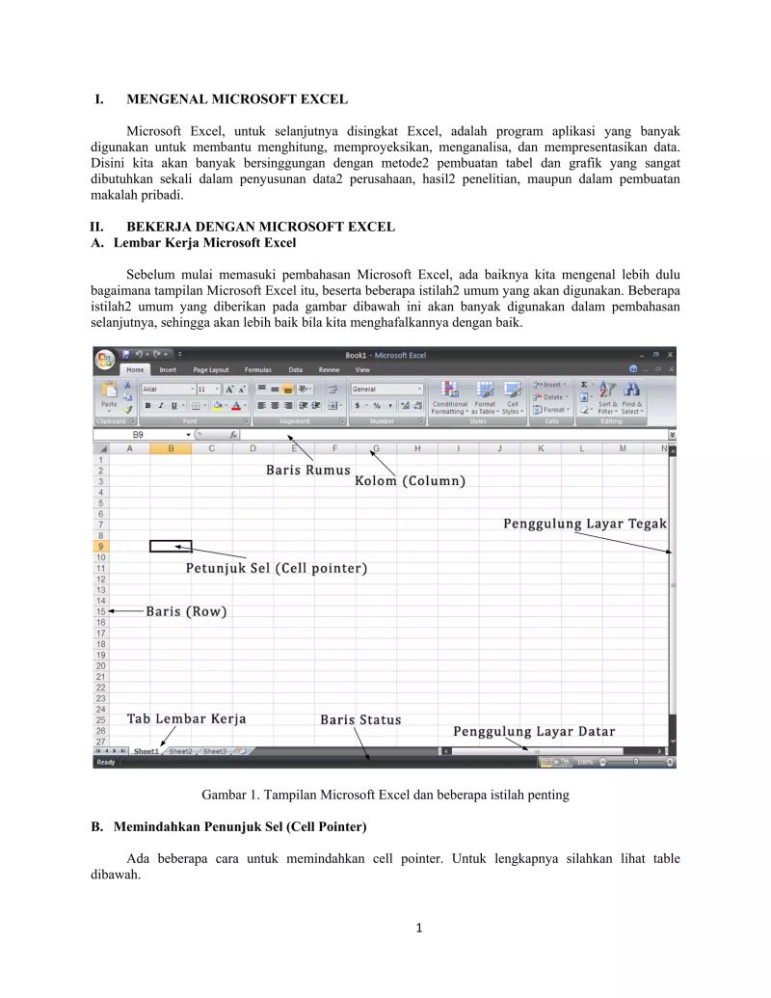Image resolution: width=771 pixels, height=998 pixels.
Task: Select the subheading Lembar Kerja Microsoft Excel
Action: [x=204, y=242]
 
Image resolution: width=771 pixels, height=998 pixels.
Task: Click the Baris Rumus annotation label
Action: [x=308, y=470]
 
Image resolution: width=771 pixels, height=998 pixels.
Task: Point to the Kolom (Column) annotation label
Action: [x=411, y=480]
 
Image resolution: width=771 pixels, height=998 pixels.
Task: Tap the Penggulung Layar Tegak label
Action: [x=585, y=524]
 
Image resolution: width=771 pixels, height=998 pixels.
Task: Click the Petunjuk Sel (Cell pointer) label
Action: [x=277, y=568]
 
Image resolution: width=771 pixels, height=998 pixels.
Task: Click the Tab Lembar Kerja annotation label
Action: [x=186, y=718]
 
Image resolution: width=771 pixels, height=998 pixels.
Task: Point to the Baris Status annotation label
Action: [x=360, y=719]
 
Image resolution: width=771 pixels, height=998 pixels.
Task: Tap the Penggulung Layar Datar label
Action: [x=534, y=731]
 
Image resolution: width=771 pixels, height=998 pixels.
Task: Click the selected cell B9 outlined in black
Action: [x=171, y=546]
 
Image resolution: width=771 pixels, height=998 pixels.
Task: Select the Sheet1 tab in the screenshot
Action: [x=146, y=750]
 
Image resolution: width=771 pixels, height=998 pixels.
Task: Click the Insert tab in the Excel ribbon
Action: [x=168, y=369]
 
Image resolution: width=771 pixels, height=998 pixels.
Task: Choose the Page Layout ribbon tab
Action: [x=211, y=369]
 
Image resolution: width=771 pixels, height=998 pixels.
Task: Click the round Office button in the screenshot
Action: [x=104, y=360]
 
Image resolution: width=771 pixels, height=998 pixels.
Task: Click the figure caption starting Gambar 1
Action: [x=385, y=796]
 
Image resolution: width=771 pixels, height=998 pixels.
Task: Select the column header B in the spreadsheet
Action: [x=171, y=448]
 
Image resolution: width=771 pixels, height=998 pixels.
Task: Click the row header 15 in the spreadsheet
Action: [x=100, y=611]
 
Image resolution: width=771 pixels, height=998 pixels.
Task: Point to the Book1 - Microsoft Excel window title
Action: [x=385, y=355]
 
